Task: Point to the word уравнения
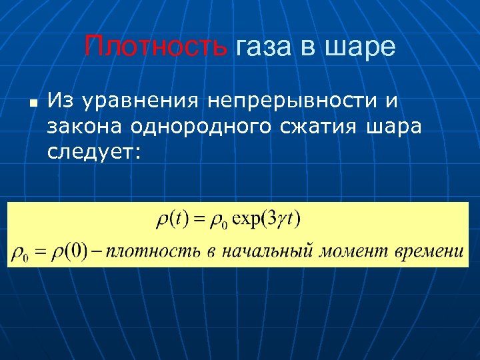[x=137, y=101]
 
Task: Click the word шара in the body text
[x=393, y=127]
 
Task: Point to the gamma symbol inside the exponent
[x=285, y=221]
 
